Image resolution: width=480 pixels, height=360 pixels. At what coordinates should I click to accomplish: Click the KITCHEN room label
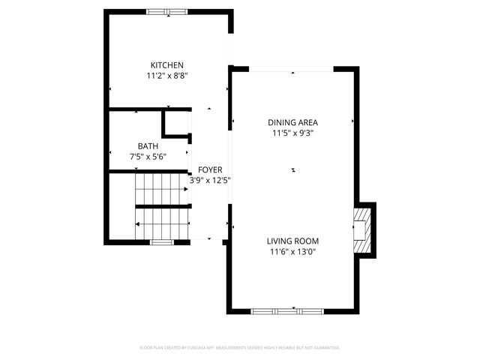coord(166,65)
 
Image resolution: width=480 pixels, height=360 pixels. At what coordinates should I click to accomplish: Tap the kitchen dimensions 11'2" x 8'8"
coord(166,76)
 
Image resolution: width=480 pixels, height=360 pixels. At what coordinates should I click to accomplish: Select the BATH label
coord(147,145)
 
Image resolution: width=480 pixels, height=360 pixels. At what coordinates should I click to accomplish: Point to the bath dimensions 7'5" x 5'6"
coord(147,156)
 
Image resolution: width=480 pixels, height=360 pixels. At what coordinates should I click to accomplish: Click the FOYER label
coord(209,169)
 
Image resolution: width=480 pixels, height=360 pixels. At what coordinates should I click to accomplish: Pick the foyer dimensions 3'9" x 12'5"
coord(209,180)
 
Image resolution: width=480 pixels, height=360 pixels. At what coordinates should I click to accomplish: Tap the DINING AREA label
coord(292,122)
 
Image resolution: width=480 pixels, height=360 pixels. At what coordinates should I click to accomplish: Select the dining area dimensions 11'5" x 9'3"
coord(292,133)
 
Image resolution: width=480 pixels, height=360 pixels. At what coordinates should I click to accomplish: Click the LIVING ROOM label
coord(292,241)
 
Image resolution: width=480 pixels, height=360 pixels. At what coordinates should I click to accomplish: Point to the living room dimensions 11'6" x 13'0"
coord(292,252)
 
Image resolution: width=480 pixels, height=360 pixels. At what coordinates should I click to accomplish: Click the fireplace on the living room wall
coord(364,229)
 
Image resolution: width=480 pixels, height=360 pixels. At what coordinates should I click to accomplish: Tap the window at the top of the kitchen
coord(166,11)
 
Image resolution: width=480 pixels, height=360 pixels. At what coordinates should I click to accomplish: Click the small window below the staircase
coord(161,241)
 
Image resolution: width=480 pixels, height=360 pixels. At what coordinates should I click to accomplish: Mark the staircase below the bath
coord(162,206)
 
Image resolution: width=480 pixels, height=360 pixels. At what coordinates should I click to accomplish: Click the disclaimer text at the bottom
coord(240,348)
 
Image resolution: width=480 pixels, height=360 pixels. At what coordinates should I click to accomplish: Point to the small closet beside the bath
coord(177,124)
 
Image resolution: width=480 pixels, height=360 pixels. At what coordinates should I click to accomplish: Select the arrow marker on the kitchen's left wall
coord(110,89)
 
